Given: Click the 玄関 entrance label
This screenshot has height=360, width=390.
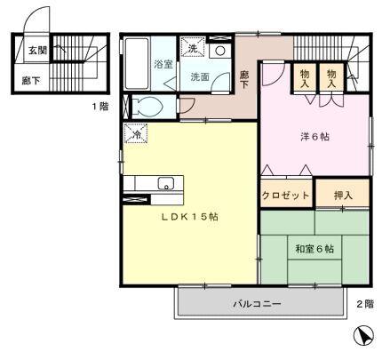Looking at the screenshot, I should tap(36, 52).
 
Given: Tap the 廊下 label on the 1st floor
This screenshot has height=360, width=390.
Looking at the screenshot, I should tap(30, 80).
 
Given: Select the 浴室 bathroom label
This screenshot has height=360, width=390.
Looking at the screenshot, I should tap(163, 64).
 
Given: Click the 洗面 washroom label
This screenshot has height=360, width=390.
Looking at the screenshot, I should tap(199, 77).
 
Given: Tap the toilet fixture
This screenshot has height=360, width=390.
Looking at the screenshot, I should tap(148, 108).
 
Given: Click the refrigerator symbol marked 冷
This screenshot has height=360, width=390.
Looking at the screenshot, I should tap(137, 135).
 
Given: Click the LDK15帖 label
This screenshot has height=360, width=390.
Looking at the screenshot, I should tap(189, 218).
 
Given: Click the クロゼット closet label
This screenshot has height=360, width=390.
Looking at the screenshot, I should tap(285, 195).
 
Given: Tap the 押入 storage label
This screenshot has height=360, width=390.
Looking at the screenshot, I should tap(343, 195).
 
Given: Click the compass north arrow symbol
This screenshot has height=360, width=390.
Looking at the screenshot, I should tap(362, 336).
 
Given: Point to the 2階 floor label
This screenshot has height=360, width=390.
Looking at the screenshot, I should tap(365, 304).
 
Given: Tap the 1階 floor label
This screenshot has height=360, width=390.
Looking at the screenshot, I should tap(99, 108).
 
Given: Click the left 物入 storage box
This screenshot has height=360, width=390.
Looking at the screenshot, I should tap(304, 76).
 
